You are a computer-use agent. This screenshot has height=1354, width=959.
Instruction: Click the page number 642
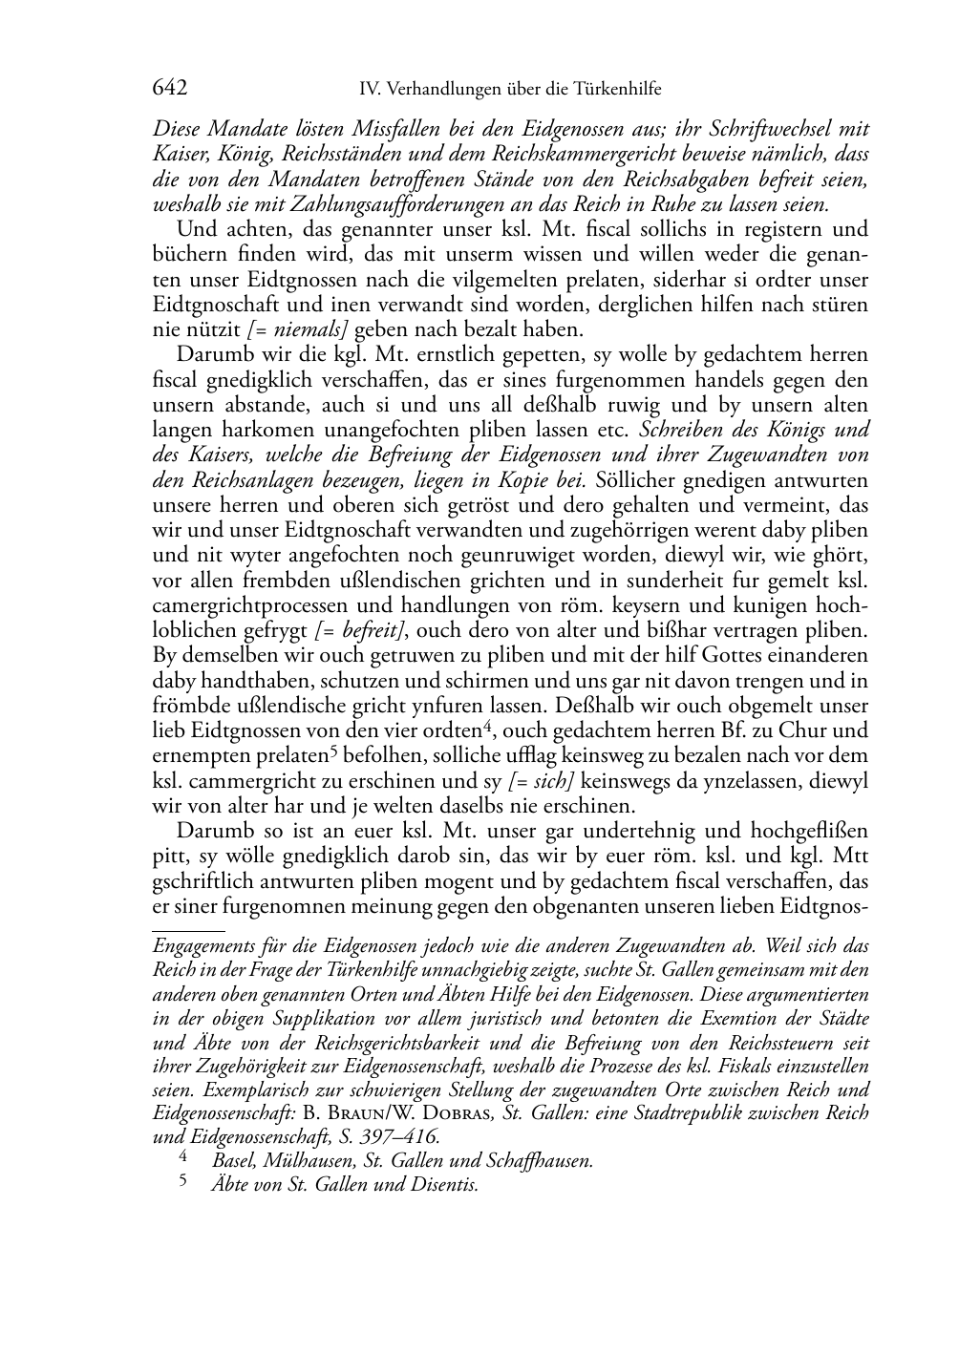point(169,88)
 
